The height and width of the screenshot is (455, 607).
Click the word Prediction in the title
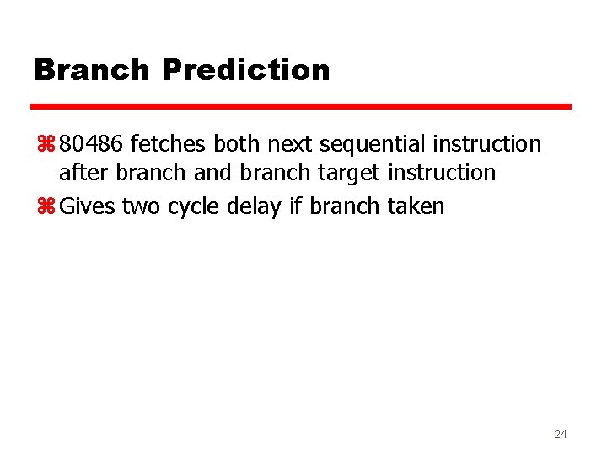tap(245, 70)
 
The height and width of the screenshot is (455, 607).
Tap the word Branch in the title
tap(92, 70)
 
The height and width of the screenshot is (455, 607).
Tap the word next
tap(289, 144)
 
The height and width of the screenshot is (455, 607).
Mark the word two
tap(141, 206)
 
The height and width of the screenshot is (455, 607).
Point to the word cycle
tap(194, 207)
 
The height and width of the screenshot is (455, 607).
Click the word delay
tap(255, 206)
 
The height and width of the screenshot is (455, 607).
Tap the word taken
tap(416, 206)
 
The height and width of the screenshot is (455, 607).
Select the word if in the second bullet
tap(295, 206)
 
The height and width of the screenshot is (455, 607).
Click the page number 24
tap(560, 435)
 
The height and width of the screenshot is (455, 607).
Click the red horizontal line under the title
tap(301, 107)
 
